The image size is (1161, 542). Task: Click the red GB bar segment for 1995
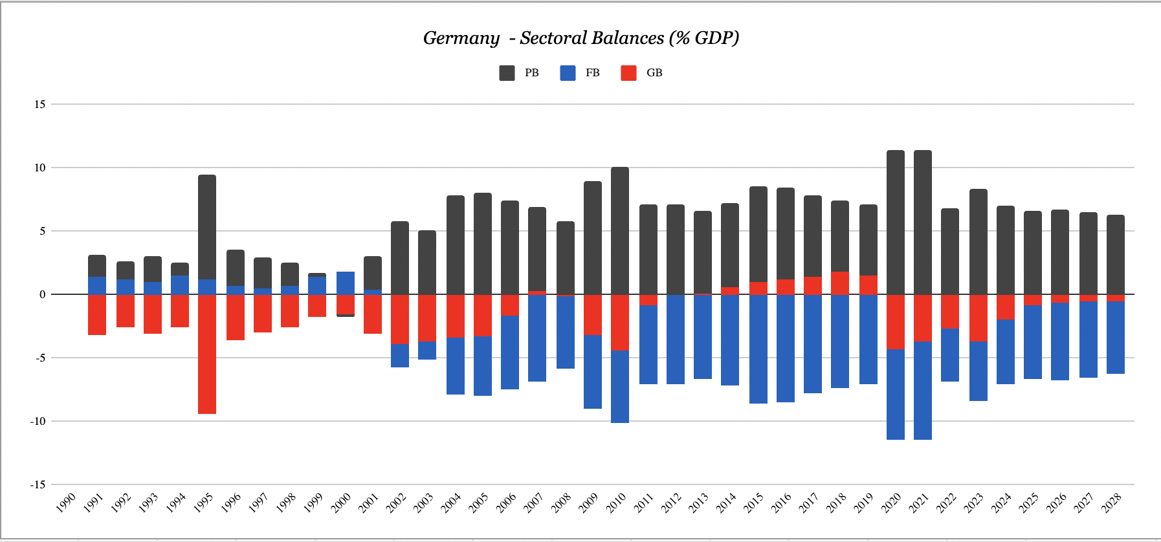[x=207, y=354]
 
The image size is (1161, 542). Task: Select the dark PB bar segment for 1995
[x=207, y=227]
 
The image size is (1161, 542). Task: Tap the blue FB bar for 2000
[x=346, y=283]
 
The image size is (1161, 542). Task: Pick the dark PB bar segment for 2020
[x=896, y=222]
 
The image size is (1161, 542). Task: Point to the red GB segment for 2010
[x=620, y=322]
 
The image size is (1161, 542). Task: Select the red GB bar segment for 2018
[x=840, y=283]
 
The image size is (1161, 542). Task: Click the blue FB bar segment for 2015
[x=758, y=349]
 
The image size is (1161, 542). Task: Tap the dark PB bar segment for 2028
[x=1116, y=255]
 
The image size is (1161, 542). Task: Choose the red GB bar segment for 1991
[x=97, y=314]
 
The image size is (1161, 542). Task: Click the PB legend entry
[x=519, y=73]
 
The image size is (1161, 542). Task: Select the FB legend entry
[x=580, y=73]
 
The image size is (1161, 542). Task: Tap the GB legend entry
[x=641, y=73]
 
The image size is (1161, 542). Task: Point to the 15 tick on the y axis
[x=40, y=104]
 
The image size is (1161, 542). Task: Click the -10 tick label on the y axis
[x=38, y=421]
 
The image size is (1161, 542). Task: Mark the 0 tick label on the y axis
[x=43, y=294]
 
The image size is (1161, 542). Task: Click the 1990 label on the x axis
[x=67, y=502]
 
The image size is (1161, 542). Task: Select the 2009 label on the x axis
[x=588, y=502]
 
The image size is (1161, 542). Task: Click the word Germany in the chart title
[x=461, y=38]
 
